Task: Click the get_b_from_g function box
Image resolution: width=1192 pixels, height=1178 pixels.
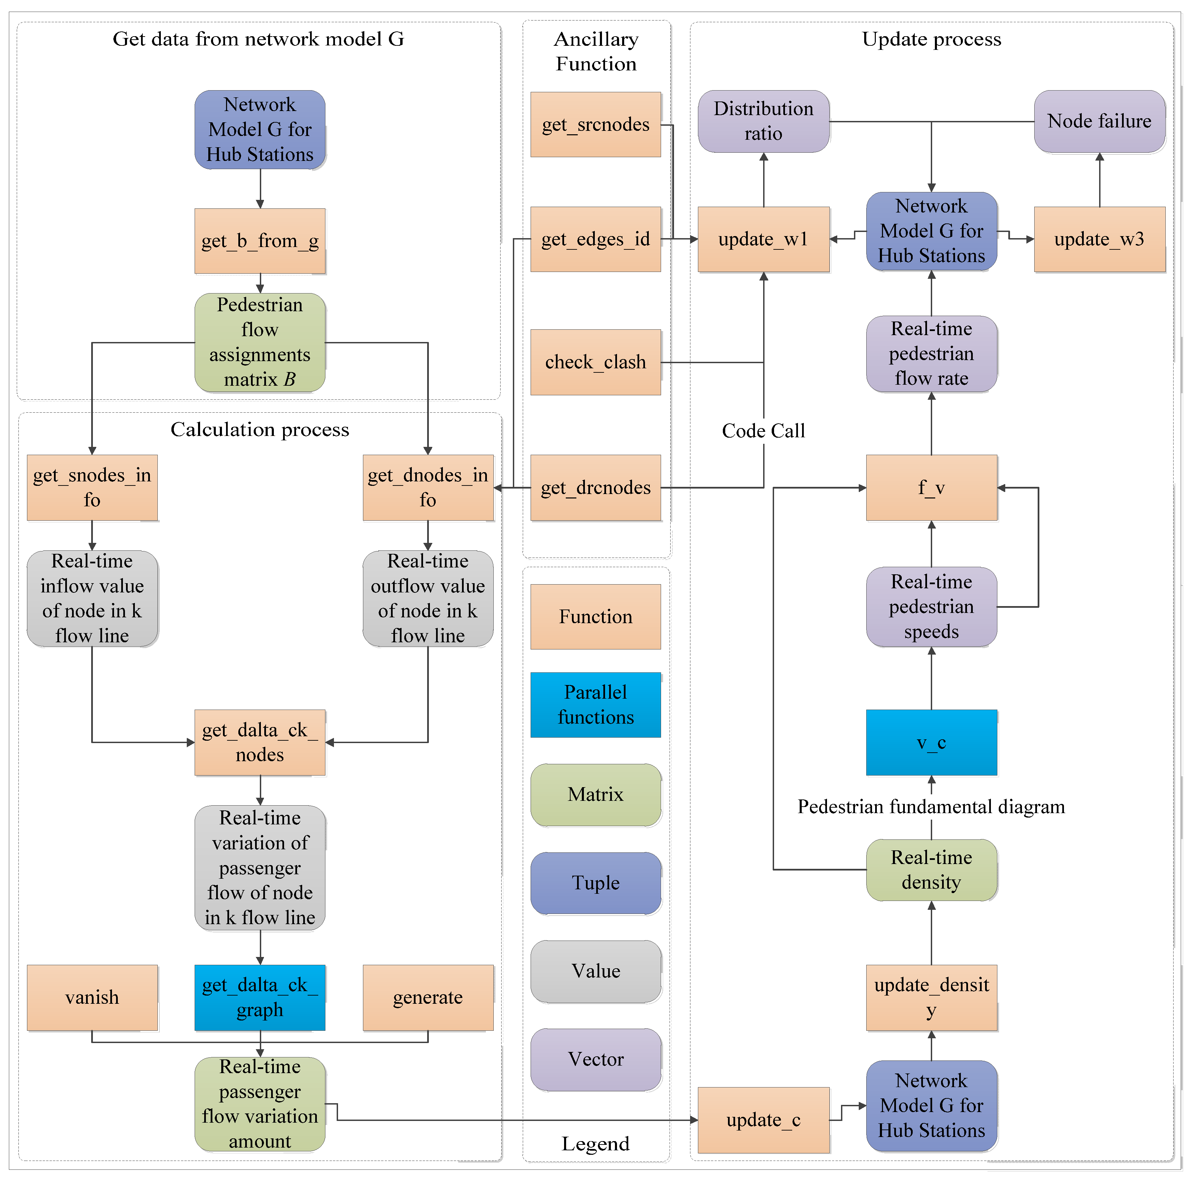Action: coord(260,241)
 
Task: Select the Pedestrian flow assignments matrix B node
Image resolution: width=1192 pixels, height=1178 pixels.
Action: coord(260,342)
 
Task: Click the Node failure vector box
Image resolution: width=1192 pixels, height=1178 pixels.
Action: coord(1099,121)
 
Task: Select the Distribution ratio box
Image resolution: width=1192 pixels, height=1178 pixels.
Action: coord(763,121)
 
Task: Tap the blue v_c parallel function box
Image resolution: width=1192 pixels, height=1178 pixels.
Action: coord(931,742)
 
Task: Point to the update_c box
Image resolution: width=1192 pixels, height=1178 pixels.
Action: coord(763,1120)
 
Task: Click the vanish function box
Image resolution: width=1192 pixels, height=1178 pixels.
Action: coord(92,997)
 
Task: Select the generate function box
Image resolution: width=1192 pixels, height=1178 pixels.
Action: coord(427,997)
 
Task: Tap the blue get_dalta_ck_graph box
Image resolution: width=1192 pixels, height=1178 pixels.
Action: coord(260,997)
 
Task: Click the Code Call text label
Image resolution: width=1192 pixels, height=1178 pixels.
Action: coord(763,431)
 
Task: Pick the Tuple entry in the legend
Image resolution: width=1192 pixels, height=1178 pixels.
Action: coord(595,883)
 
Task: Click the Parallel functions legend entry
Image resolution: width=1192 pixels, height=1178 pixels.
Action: coord(595,704)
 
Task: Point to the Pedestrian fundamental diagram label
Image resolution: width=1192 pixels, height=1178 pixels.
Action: coord(931,807)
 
